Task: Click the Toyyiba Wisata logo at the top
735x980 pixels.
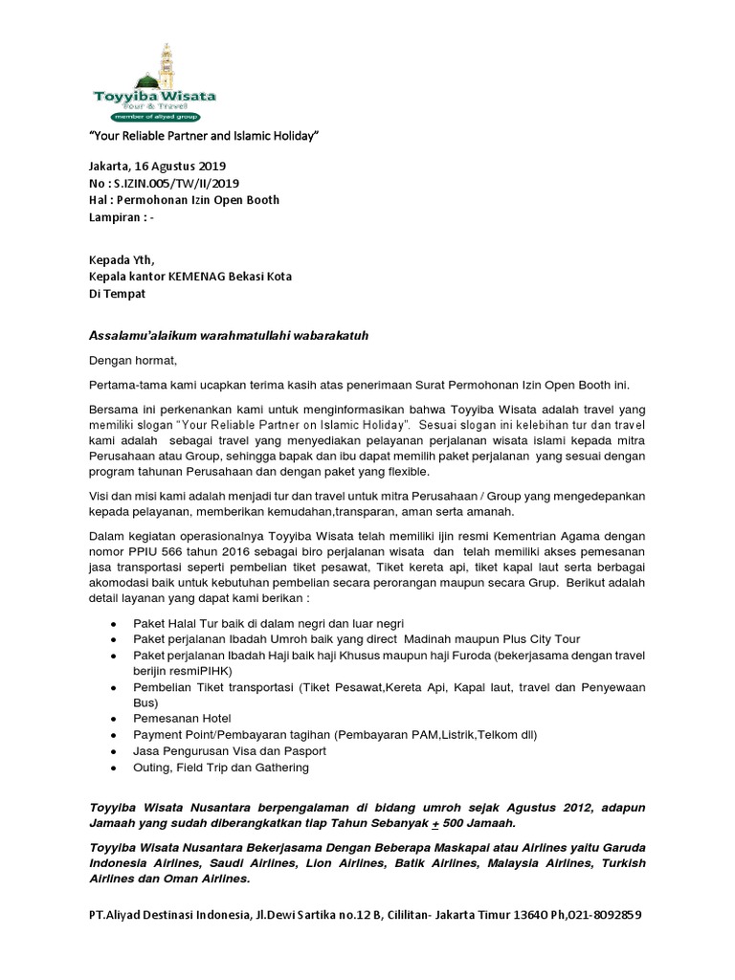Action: click(x=154, y=84)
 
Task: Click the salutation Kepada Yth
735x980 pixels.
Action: click(x=121, y=259)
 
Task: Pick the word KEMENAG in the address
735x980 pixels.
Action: click(x=200, y=277)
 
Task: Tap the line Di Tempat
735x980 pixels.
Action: click(x=117, y=294)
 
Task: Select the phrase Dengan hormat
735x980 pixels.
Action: click(x=133, y=361)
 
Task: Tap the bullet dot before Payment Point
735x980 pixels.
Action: click(x=115, y=735)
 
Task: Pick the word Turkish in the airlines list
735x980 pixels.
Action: click(x=621, y=863)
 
